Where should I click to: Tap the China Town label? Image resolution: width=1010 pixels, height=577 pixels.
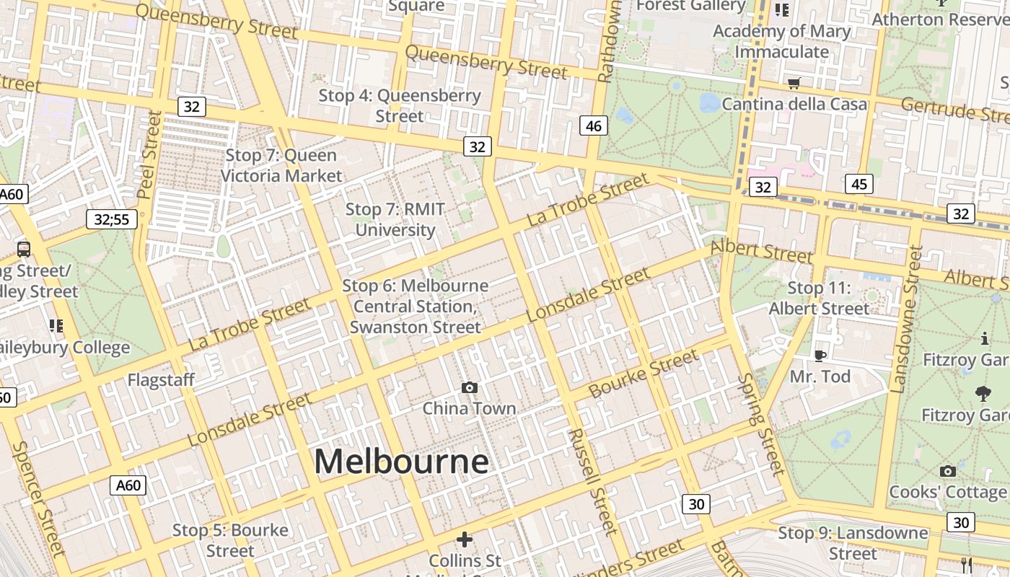[469, 408]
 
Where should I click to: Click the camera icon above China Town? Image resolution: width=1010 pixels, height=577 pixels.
[470, 388]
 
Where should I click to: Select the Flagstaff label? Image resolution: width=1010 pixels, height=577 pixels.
[161, 380]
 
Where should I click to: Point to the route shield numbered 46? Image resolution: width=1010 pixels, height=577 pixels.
[594, 126]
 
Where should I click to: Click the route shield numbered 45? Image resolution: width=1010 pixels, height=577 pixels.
[858, 184]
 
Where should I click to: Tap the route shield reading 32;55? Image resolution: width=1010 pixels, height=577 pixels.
[112, 219]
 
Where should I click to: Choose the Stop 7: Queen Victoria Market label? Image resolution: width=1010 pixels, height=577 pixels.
[281, 165]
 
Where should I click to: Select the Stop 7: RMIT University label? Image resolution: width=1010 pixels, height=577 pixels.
[395, 219]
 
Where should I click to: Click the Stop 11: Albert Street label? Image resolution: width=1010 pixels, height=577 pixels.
[820, 298]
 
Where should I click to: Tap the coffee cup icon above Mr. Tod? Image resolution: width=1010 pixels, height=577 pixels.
[820, 355]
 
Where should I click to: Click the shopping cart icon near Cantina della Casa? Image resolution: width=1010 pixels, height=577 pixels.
[794, 83]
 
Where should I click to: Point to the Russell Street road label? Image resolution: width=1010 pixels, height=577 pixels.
[593, 482]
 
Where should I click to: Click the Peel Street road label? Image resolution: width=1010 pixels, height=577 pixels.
[150, 154]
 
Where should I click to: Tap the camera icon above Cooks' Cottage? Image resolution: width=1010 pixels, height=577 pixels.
[948, 471]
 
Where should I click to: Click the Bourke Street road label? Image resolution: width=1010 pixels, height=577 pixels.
[644, 374]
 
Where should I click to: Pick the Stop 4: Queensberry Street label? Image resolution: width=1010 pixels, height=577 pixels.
[400, 105]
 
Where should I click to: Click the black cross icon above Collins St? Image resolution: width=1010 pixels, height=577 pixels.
[465, 539]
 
